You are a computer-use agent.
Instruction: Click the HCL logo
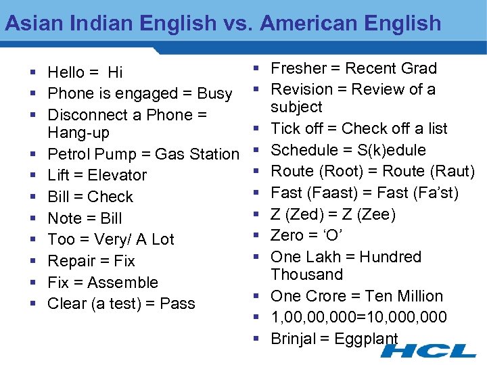click(x=428, y=351)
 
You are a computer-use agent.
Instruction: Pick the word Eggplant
click(x=368, y=339)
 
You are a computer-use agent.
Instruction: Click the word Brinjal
click(x=294, y=339)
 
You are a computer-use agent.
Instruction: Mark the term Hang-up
click(x=78, y=132)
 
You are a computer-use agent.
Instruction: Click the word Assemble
click(x=122, y=283)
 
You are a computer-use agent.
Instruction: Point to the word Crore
click(x=323, y=296)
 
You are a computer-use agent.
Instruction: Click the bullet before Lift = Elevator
click(x=32, y=176)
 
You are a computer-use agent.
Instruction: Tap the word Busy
click(x=214, y=93)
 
